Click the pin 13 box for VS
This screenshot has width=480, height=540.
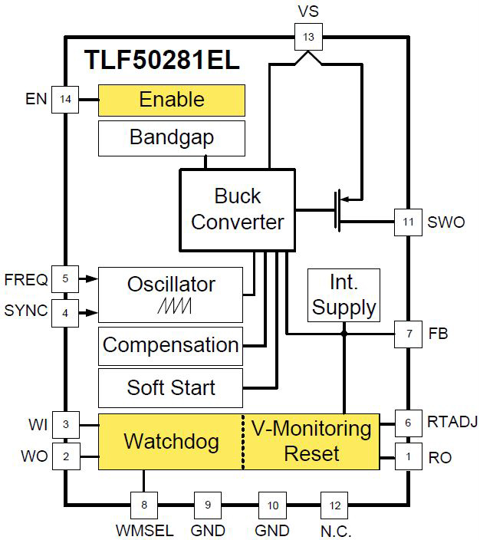click(x=309, y=36)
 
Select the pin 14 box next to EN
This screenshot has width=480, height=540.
click(x=65, y=100)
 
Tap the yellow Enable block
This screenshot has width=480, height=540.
click(x=171, y=100)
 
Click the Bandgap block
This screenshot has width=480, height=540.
click(x=171, y=138)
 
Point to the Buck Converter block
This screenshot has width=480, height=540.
click(x=237, y=209)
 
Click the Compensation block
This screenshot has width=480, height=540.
click(x=170, y=345)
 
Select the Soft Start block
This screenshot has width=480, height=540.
click(x=170, y=387)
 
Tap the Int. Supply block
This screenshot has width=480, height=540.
click(x=344, y=295)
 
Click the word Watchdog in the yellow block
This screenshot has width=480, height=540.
click(x=171, y=441)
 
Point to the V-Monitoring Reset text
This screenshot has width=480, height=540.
click(x=311, y=440)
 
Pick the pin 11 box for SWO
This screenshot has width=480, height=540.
click(x=408, y=222)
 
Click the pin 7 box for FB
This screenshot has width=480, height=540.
click(x=408, y=334)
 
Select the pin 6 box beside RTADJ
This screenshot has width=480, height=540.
click(x=408, y=423)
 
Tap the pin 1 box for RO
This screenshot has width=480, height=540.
click(x=408, y=457)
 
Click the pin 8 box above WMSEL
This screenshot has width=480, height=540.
click(x=143, y=505)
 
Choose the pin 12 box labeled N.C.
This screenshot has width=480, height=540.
click(x=333, y=505)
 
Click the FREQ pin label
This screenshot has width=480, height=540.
click(x=26, y=279)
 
